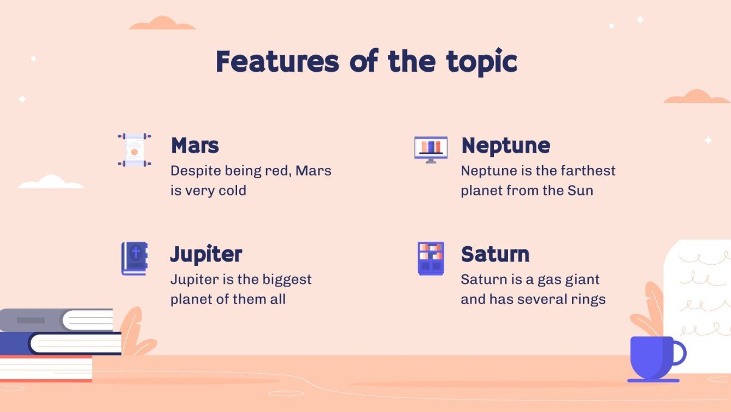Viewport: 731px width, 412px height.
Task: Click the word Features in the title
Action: coord(278,61)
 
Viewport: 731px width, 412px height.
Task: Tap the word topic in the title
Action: coord(482,62)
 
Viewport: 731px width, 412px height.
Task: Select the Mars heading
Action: coord(195,146)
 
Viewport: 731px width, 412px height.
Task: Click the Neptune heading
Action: coord(506,146)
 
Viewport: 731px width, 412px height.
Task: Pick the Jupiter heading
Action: coord(207,254)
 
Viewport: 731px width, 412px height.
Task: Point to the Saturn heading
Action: coord(496,254)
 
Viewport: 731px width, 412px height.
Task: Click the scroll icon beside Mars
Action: coord(134,149)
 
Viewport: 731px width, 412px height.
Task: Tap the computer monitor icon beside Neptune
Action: coord(431,149)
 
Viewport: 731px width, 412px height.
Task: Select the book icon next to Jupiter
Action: coord(134,258)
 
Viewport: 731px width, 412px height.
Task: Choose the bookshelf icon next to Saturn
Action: coord(431,258)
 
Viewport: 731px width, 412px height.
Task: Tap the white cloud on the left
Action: coord(51,182)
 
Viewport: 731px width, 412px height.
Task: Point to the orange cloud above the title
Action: coord(162,23)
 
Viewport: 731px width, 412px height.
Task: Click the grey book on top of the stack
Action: coord(56,320)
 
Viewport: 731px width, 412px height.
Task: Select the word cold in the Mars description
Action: coord(232,190)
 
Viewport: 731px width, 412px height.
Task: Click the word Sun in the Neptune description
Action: coord(580,190)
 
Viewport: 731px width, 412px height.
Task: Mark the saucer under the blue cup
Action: coord(653,381)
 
